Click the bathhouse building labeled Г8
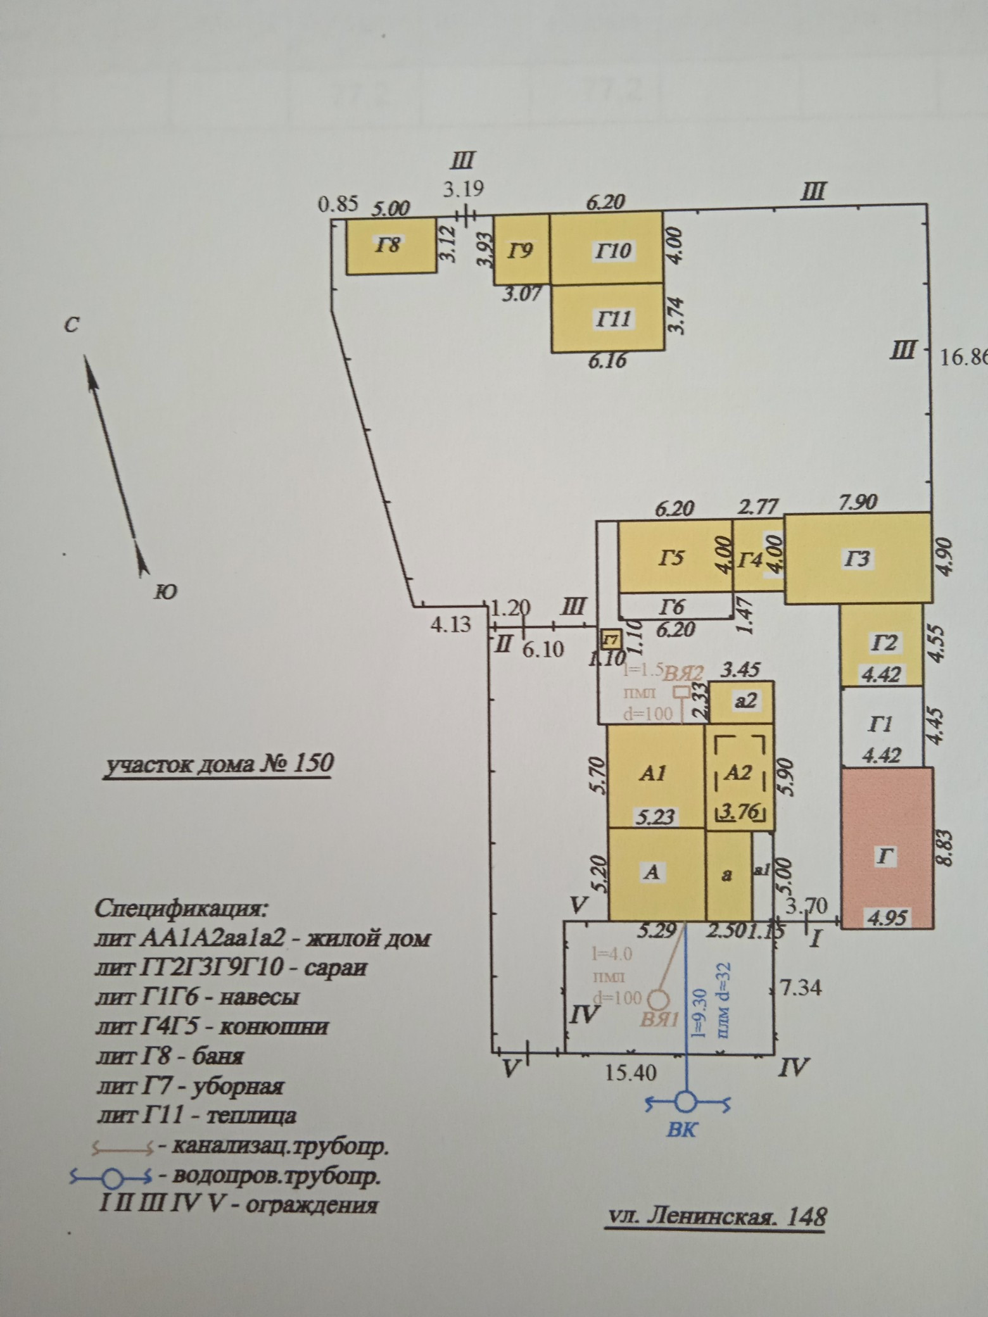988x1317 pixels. pos(391,246)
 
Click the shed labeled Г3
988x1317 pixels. pos(858,558)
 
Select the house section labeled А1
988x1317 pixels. pos(655,774)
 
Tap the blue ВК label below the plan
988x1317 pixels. pos(681,1130)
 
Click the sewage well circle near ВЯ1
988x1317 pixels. pos(659,999)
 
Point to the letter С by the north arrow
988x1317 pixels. pos(72,325)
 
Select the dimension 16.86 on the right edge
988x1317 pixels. pos(963,358)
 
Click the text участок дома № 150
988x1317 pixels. pos(218,763)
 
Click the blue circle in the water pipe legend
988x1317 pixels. pos(112,1178)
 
